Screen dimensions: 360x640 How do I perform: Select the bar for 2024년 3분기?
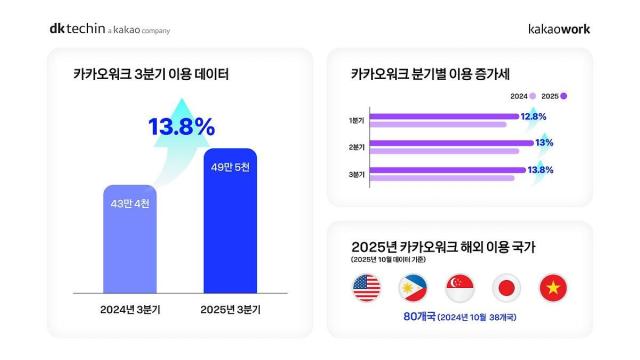140,239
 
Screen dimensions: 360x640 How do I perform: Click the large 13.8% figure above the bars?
181,127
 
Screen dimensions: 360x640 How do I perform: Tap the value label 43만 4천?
140,204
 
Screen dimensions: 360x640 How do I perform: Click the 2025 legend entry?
557,96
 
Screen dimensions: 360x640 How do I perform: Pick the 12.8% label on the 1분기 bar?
535,117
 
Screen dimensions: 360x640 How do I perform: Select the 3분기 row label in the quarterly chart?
357,174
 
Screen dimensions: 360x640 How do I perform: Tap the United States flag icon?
367,288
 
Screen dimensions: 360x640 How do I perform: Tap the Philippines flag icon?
413,288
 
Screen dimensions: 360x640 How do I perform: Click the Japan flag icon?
506,288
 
